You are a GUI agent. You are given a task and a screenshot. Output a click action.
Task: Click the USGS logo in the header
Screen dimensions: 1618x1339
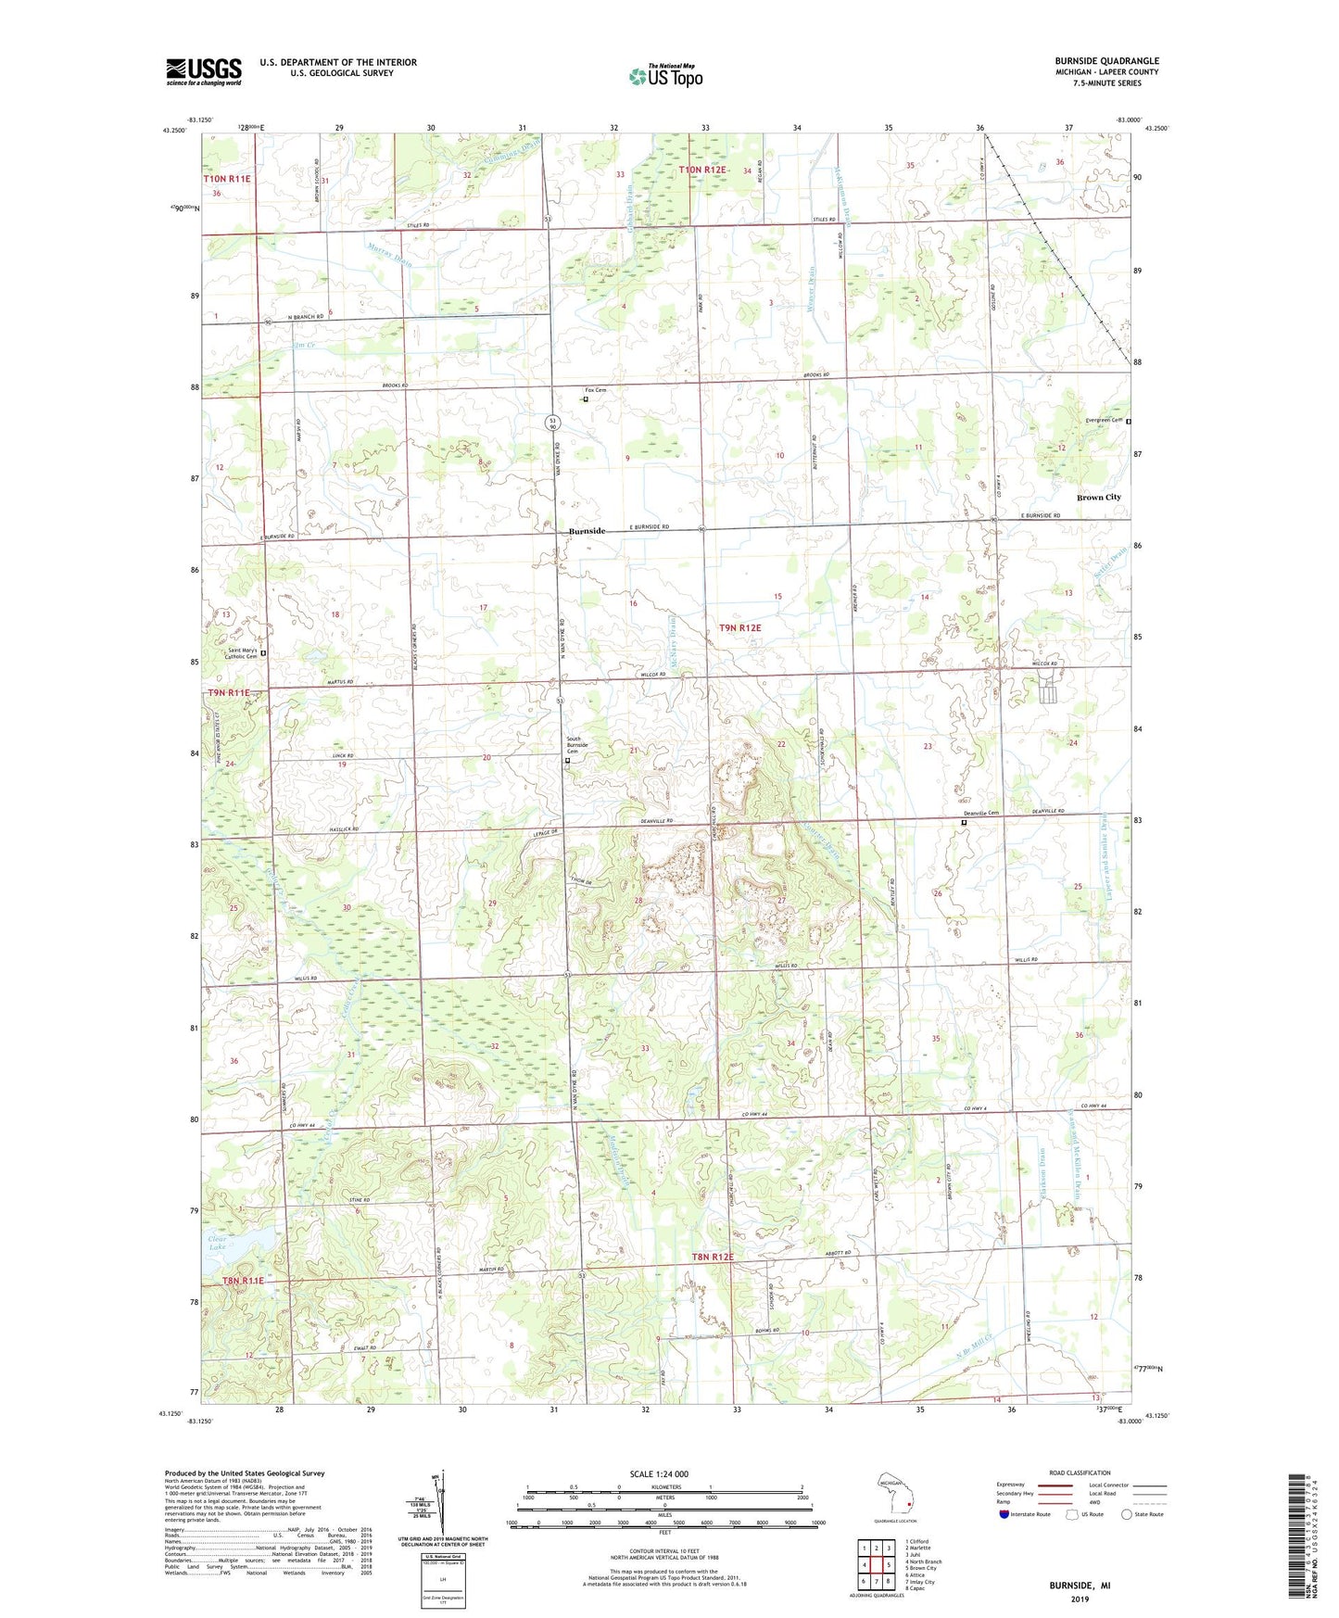pyautogui.click(x=203, y=71)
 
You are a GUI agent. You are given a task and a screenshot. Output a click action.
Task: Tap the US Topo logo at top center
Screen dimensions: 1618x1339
pyautogui.click(x=664, y=76)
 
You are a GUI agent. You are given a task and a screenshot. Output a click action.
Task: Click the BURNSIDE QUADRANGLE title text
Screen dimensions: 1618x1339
pyautogui.click(x=1106, y=61)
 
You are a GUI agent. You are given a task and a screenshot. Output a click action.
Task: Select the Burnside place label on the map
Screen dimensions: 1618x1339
pyautogui.click(x=587, y=531)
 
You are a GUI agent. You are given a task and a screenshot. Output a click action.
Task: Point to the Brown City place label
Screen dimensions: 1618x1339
pyautogui.click(x=1098, y=498)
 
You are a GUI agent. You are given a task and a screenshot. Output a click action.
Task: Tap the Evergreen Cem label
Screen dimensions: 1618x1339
pyautogui.click(x=1104, y=420)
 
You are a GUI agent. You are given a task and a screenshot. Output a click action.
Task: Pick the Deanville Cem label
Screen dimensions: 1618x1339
pyautogui.click(x=980, y=814)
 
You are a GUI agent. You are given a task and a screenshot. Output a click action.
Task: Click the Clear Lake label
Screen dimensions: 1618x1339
pyautogui.click(x=218, y=1243)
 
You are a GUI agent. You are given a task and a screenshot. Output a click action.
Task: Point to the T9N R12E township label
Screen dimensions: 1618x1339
pyautogui.click(x=739, y=628)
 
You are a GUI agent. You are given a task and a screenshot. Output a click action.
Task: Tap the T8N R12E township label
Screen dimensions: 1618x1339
pyautogui.click(x=712, y=1258)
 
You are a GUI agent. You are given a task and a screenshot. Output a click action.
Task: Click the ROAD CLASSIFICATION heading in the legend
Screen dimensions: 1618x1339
pyautogui.click(x=1079, y=1473)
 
